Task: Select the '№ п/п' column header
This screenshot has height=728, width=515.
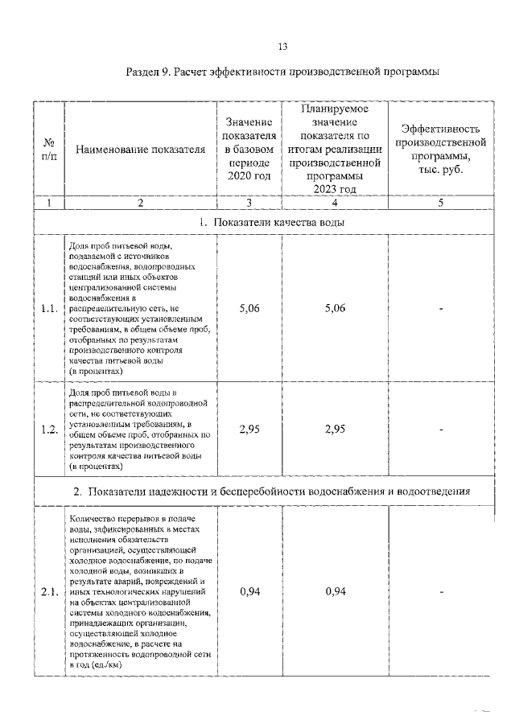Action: point(48,149)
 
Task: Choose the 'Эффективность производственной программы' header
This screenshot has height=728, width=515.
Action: point(440,149)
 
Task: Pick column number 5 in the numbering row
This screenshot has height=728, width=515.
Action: point(440,204)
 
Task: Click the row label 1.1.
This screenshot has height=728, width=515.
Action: point(49,309)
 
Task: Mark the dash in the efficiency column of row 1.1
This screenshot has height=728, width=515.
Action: point(441,309)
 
